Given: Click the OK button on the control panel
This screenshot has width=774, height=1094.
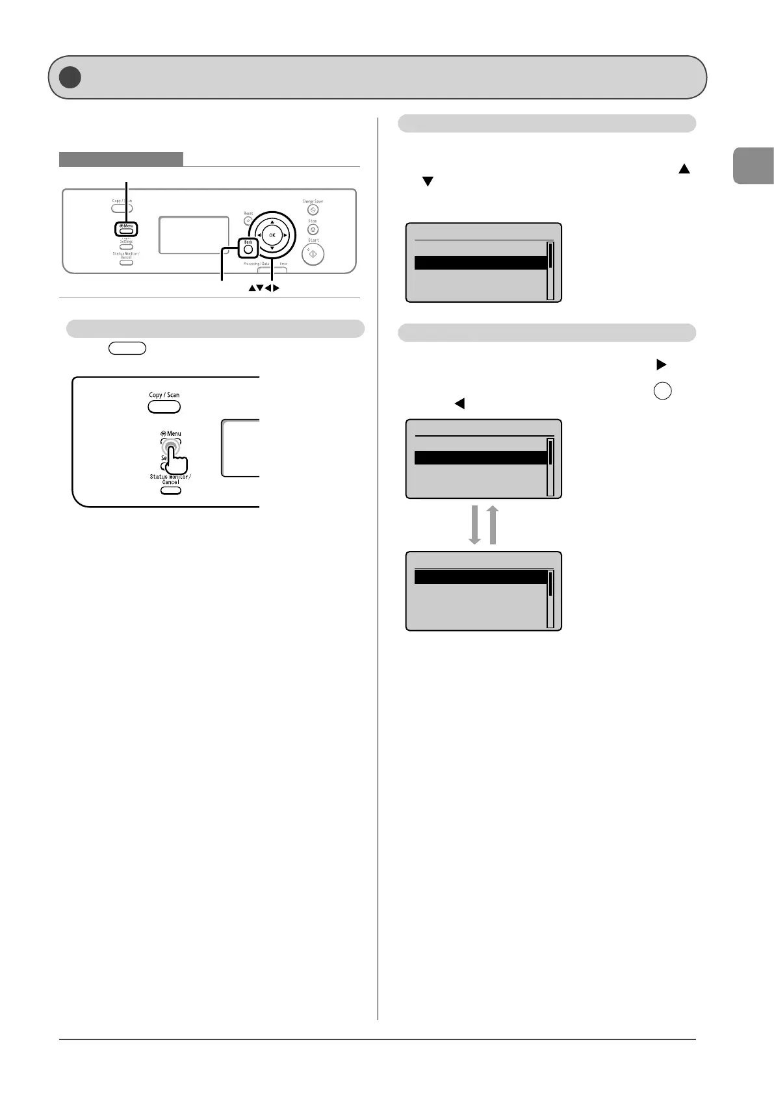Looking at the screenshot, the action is pos(272,235).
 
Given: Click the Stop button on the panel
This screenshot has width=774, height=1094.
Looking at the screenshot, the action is pos(313,229).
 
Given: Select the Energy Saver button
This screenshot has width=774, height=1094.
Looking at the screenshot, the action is pos(313,210).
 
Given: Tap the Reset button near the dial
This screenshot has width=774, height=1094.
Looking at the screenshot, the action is pos(248,221).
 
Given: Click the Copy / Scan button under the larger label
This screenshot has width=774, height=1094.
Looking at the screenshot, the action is pos(164,407).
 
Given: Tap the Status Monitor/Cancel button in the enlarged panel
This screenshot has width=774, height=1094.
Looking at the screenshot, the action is pos(170,490).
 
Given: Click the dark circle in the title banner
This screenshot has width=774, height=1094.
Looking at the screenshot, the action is pos(70,77).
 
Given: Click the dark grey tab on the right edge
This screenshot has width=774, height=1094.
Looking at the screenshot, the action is pos(754,166).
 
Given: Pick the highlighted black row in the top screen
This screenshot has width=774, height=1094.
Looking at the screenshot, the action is pos(480,262).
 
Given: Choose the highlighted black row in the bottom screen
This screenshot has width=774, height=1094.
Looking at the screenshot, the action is pos(480,577).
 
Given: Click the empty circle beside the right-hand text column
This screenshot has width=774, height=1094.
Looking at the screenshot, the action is pos(662,391).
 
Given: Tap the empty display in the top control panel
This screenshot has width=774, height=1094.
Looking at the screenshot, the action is pos(194,235).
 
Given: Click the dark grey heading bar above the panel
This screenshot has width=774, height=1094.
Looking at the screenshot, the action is pos(121,159).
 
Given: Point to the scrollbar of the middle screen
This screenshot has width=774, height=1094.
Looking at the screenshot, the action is pos(550,466).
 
